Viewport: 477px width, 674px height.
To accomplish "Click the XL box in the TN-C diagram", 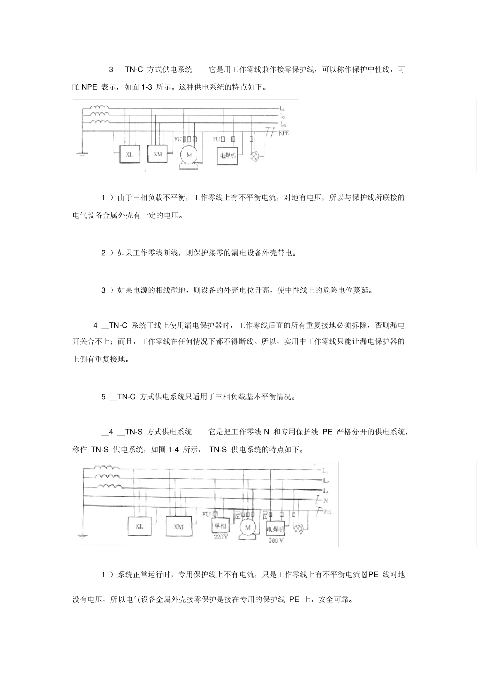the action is [130, 155].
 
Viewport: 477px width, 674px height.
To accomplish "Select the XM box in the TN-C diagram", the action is [158, 154].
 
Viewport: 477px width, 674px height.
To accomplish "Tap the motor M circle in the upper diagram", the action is [189, 155].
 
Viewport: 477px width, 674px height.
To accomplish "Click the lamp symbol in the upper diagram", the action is [254, 156].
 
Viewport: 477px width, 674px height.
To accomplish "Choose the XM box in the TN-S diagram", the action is [178, 527].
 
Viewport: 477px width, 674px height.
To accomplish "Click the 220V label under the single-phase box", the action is [221, 538].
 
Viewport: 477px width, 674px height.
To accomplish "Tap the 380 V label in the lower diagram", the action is [276, 541].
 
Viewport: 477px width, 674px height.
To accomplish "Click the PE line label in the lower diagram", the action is [328, 512].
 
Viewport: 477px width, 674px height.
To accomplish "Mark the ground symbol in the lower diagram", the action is [82, 537].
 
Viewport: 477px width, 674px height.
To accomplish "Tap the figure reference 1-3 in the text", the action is [146, 87].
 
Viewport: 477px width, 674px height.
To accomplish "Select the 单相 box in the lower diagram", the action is [221, 526].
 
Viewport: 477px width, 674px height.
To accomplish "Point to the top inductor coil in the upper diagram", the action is [99, 107].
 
